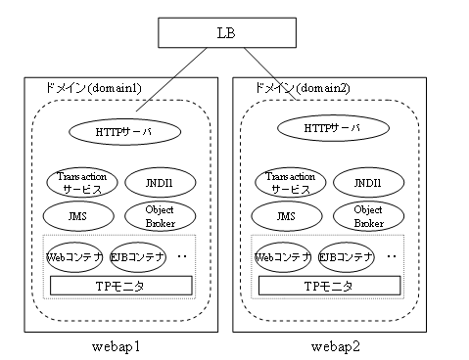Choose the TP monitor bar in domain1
click(x=120, y=286)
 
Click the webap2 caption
click(x=330, y=347)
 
